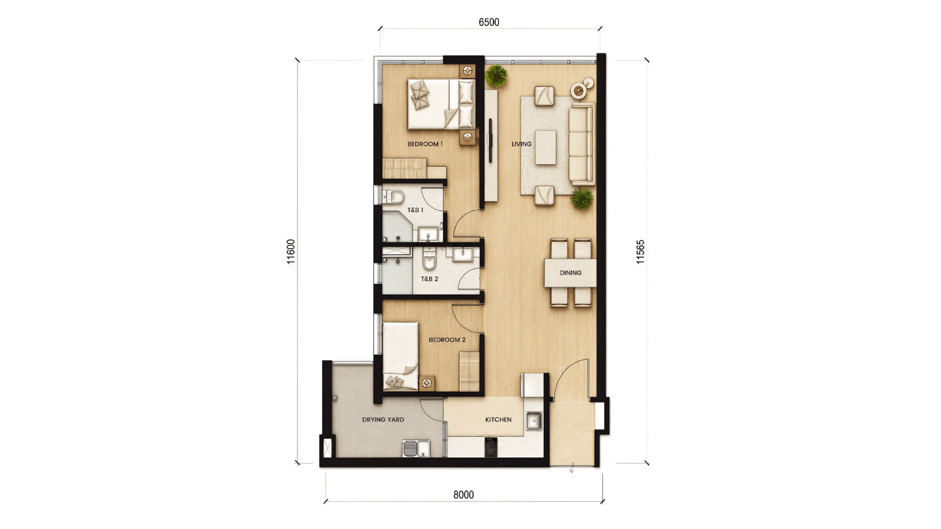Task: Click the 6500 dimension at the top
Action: (x=489, y=23)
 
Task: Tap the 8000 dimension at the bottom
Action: (x=464, y=495)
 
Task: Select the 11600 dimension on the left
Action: (x=291, y=252)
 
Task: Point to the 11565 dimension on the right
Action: (x=641, y=252)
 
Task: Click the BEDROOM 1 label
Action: (x=425, y=144)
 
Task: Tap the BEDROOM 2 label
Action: (x=447, y=339)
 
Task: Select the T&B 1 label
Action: (x=415, y=210)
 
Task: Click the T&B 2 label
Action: (x=429, y=279)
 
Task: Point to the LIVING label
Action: (x=521, y=144)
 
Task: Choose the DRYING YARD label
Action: (x=383, y=419)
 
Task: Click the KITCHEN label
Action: (x=498, y=419)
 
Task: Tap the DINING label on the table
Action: (x=570, y=273)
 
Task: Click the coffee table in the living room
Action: (x=545, y=147)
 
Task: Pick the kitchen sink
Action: (x=534, y=421)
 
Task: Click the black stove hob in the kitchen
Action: (x=491, y=447)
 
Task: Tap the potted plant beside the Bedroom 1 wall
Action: (x=496, y=76)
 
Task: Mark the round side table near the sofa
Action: (x=579, y=90)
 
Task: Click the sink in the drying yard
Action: (x=416, y=448)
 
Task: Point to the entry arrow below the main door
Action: (x=571, y=468)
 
